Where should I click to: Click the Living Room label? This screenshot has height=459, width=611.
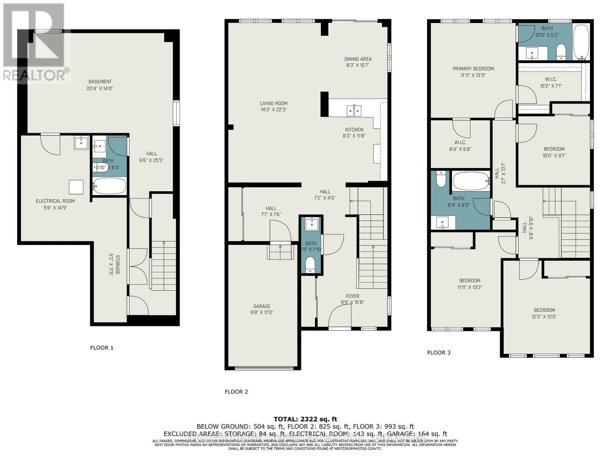[273, 103]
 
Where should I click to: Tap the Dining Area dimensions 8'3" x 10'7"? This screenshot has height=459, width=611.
[358, 65]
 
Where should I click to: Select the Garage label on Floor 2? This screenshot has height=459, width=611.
[262, 306]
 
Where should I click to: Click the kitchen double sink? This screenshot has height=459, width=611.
[354, 111]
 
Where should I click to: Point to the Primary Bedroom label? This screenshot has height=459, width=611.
[473, 69]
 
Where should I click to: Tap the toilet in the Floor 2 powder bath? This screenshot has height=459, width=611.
[310, 264]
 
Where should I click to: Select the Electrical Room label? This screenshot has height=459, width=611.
[55, 201]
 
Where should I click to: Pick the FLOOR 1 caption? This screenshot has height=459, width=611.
[102, 348]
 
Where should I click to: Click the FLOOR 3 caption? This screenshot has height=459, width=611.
[439, 352]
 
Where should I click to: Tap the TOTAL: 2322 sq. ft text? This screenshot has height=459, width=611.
[305, 419]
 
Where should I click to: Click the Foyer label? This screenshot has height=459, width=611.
[352, 296]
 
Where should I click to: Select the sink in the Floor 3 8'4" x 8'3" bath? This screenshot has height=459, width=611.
[443, 222]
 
